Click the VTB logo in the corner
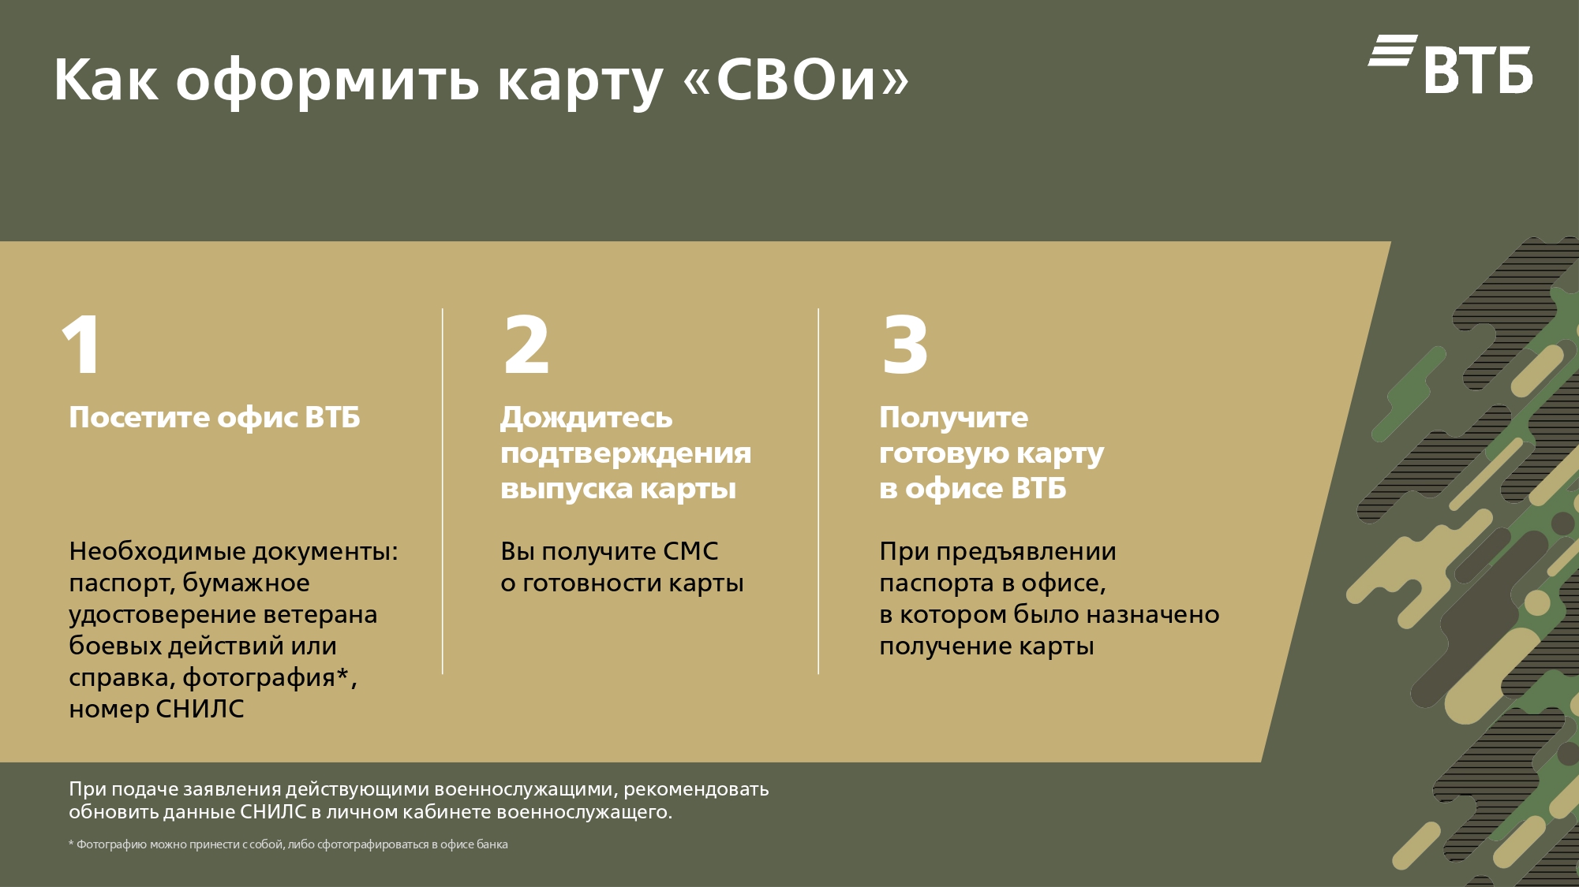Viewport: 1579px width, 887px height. [x=1450, y=64]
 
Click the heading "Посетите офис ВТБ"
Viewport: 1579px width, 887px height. [x=215, y=417]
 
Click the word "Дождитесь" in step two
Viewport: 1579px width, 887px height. [x=586, y=418]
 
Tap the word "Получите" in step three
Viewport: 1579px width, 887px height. [x=954, y=418]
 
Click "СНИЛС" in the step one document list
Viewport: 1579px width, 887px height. [x=200, y=709]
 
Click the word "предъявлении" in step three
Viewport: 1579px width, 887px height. [x=1026, y=552]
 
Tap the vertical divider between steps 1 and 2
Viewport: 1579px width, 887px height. [x=443, y=491]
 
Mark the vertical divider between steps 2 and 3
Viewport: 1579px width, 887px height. [x=818, y=491]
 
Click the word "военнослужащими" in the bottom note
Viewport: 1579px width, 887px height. [x=524, y=789]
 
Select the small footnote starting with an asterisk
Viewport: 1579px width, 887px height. [x=288, y=844]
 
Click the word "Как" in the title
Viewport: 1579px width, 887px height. [x=106, y=80]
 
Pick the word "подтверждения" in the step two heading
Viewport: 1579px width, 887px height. [x=626, y=453]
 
